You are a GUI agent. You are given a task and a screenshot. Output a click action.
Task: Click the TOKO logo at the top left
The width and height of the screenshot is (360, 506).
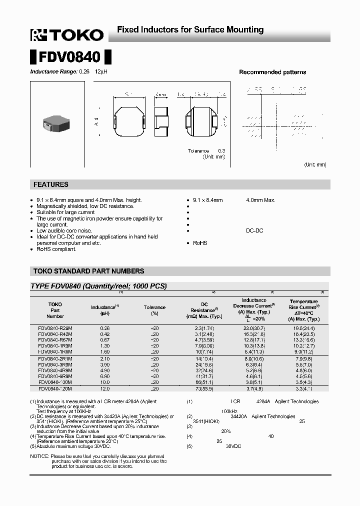click(x=67, y=34)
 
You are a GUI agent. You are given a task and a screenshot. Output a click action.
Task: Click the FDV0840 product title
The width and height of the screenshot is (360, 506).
click(x=70, y=57)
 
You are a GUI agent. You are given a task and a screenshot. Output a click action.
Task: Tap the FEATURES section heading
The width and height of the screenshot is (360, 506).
click(x=50, y=184)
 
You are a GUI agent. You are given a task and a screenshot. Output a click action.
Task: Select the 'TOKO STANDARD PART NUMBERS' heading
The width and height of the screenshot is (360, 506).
click(x=88, y=271)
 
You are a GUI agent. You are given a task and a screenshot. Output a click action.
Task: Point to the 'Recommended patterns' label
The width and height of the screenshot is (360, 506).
click(x=272, y=72)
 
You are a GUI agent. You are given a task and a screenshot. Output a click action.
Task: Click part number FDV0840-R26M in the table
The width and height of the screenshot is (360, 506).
click(x=55, y=327)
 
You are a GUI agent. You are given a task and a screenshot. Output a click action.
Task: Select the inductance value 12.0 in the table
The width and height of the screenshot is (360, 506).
click(x=104, y=388)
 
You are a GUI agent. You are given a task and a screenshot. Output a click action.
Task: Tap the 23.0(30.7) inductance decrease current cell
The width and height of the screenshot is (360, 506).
click(x=253, y=327)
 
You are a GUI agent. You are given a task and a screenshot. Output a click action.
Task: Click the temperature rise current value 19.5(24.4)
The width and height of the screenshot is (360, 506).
click(x=303, y=327)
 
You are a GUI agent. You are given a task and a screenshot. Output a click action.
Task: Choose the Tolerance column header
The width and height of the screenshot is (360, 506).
click(x=154, y=307)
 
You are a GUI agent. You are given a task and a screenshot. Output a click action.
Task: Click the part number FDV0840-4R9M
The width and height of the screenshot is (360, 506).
click(x=55, y=370)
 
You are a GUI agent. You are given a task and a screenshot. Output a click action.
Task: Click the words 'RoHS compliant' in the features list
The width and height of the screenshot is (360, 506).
click(x=56, y=249)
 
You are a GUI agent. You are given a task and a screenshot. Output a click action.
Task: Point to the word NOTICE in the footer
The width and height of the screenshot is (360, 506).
click(x=39, y=456)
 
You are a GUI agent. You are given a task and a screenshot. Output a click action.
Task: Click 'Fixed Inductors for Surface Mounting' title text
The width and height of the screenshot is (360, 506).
click(x=190, y=30)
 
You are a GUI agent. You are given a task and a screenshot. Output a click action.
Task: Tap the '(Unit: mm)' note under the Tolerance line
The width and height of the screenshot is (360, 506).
click(x=213, y=157)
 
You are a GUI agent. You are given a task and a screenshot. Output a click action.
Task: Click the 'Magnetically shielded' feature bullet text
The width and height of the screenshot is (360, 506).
click(x=85, y=206)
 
